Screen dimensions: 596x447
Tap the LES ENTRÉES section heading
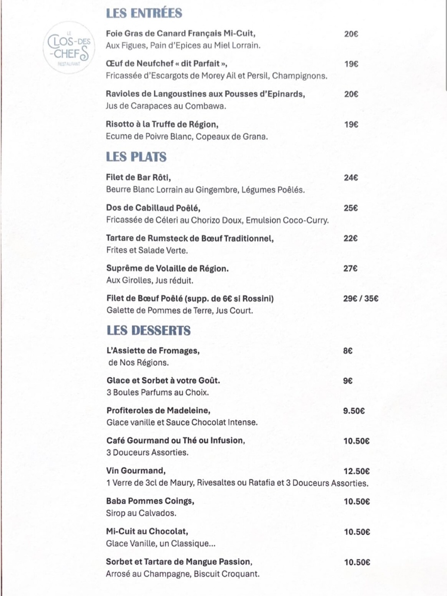[144, 13]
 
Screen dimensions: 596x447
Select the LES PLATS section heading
[136, 157]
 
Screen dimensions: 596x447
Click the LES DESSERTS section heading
[149, 330]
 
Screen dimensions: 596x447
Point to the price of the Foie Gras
[351, 34]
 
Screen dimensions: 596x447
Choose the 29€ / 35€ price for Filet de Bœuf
[361, 298]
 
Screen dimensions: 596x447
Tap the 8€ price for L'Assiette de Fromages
[348, 351]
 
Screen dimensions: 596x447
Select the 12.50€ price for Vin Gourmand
[357, 471]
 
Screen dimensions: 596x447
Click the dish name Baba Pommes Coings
[150, 501]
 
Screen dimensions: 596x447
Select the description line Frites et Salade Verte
[147, 250]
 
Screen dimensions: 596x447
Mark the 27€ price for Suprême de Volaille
[351, 269]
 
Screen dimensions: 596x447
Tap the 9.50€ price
[355, 411]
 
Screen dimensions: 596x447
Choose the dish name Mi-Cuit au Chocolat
[148, 531]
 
